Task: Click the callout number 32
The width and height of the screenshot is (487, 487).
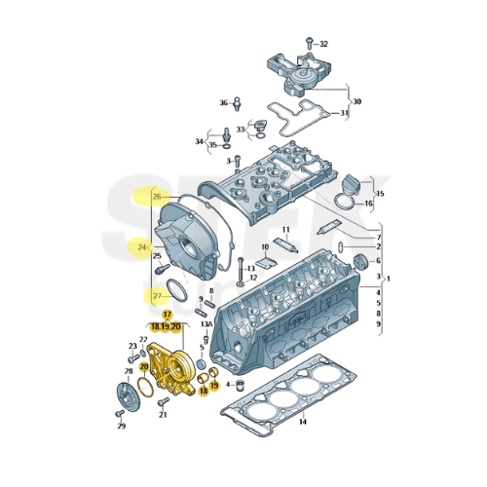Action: (x=324, y=44)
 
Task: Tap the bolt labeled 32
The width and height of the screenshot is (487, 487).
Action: (x=307, y=43)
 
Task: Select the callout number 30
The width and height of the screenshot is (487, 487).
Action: (x=356, y=101)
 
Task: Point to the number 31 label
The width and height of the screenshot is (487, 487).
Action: (x=343, y=114)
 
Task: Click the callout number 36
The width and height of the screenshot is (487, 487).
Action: (x=223, y=102)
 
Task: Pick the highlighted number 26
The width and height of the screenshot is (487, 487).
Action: (x=158, y=197)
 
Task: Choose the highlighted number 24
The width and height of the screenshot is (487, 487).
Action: (x=142, y=247)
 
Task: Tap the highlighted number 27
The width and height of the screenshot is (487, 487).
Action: (x=158, y=295)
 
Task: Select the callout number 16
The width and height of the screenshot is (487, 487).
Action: (x=369, y=205)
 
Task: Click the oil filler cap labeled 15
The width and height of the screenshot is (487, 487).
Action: (x=351, y=184)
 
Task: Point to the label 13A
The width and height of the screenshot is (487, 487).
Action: (x=206, y=324)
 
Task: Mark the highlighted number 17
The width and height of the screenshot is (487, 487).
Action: (x=167, y=315)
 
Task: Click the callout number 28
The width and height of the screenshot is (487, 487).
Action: (x=129, y=371)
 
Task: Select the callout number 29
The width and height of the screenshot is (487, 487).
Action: (x=122, y=427)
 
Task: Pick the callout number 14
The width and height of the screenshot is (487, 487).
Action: (x=302, y=422)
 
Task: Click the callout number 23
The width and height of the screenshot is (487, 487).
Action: (x=132, y=346)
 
